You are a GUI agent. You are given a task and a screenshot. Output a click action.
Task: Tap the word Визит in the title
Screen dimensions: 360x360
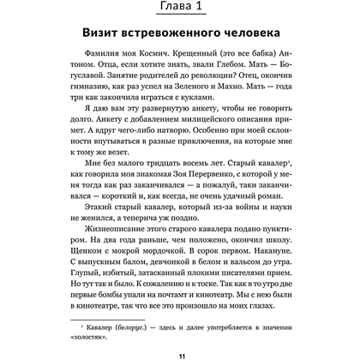point(107,53)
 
